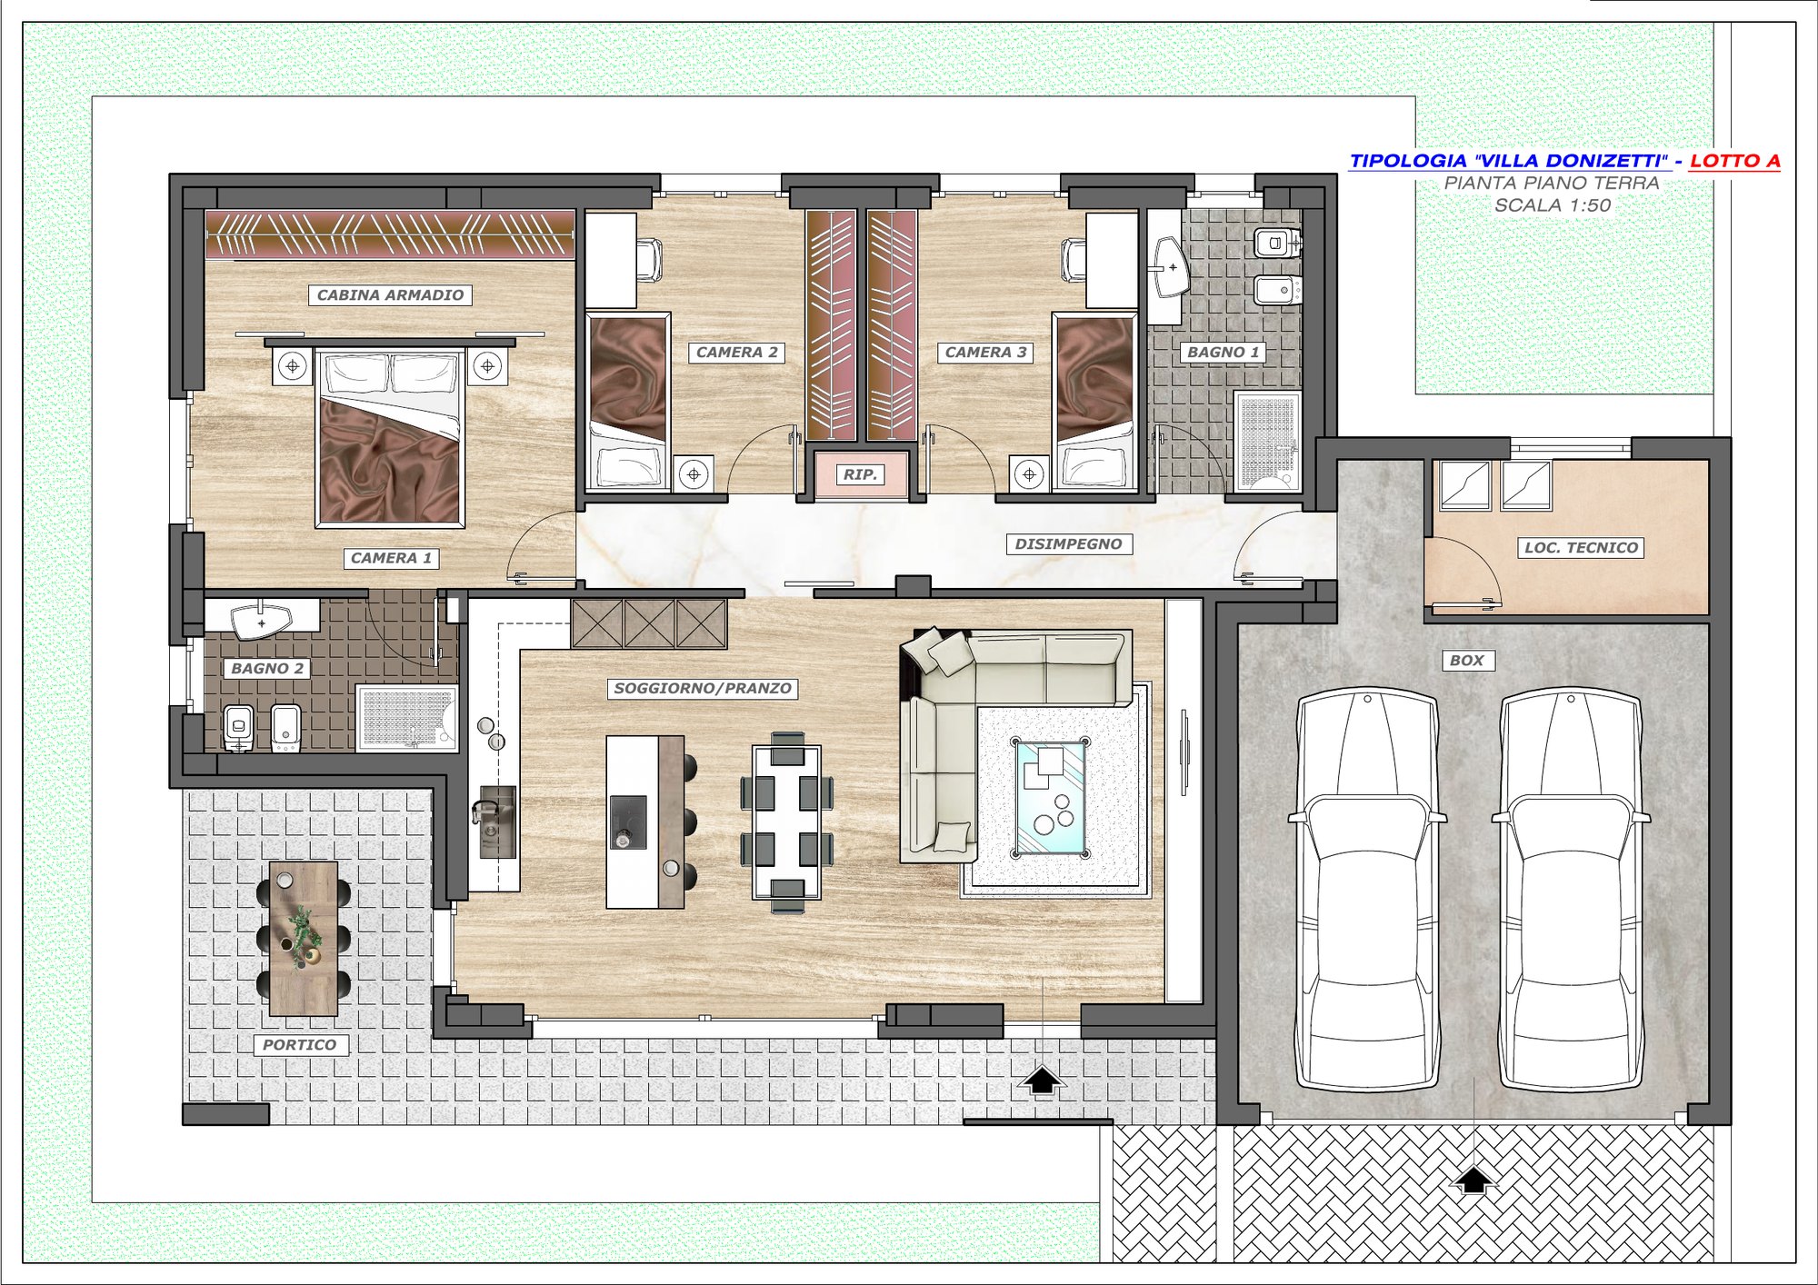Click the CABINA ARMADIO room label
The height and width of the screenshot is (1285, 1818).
(390, 295)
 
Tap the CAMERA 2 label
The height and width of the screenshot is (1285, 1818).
(737, 353)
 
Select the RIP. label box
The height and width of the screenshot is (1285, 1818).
(860, 474)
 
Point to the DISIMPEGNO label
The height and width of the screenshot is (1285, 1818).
(1068, 544)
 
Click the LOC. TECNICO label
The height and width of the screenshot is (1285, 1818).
(1581, 548)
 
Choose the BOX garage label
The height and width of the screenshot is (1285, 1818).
(1467, 661)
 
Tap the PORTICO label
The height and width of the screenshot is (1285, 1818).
(300, 1045)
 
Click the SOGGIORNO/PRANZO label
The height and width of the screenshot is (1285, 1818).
(703, 689)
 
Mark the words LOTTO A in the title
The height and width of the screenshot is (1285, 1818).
(1734, 161)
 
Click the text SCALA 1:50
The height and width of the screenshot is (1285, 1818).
(1553, 205)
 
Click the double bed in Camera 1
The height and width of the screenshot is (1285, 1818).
(390, 437)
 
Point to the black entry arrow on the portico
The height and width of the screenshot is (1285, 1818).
(1042, 1080)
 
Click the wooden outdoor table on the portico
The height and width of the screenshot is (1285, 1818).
(304, 939)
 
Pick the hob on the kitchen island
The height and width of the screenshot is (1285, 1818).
(628, 822)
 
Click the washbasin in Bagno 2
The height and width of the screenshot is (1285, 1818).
(262, 622)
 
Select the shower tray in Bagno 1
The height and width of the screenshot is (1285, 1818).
(1268, 442)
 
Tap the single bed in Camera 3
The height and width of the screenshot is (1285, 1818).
(1095, 402)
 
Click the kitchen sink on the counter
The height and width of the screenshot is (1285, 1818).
(496, 822)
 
